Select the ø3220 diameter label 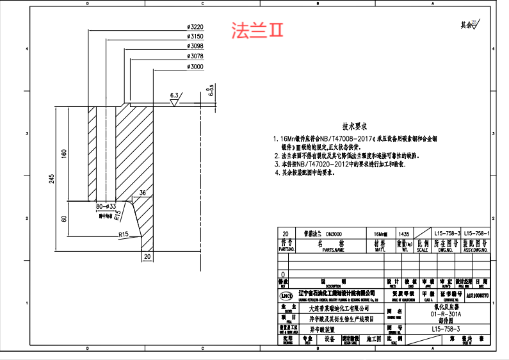pyautogui.click(x=195, y=27)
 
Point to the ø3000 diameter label pyautogui.click(x=195, y=67)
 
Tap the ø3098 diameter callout pyautogui.click(x=195, y=47)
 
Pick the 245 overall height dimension pyautogui.click(x=53, y=179)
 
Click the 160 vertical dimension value pyautogui.click(x=64, y=154)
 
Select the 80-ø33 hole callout pyautogui.click(x=105, y=207)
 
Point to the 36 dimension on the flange pyautogui.click(x=142, y=192)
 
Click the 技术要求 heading pyautogui.click(x=353, y=127)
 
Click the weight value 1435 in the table pyautogui.click(x=403, y=234)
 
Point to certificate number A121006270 pyautogui.click(x=477, y=296)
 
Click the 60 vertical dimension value pyautogui.click(x=64, y=219)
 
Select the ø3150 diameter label pyautogui.click(x=195, y=37)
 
